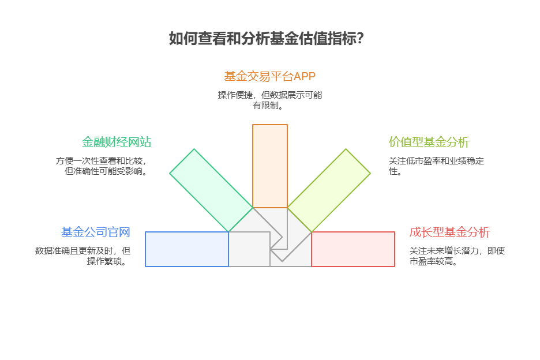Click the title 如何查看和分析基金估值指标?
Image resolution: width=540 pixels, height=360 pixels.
[266, 39]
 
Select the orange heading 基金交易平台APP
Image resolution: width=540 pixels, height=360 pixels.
[269, 76]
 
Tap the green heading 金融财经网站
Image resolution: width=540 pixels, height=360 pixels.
[117, 142]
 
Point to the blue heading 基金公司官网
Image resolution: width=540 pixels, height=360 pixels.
[96, 232]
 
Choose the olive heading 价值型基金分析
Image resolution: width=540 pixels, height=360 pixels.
[429, 142]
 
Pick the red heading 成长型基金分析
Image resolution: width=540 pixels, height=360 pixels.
[450, 232]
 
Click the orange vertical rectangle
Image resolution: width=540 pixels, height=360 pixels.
[270, 166]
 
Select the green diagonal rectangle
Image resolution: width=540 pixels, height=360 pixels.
[211, 190]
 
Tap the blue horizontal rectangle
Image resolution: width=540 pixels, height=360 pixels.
[187, 249]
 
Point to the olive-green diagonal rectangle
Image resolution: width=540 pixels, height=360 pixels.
[329, 190]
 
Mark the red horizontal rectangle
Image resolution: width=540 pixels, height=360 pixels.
[353, 249]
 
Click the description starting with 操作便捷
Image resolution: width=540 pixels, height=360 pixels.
[269, 100]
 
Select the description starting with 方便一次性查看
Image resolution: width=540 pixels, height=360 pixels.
[102, 166]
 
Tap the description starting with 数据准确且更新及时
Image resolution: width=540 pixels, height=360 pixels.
[82, 256]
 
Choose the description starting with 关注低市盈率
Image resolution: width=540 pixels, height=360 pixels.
[436, 166]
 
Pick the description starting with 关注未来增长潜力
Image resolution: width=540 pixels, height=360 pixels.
[457, 256]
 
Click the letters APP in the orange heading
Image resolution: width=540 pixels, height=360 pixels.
[305, 76]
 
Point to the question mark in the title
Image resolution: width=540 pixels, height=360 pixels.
[360, 39]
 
